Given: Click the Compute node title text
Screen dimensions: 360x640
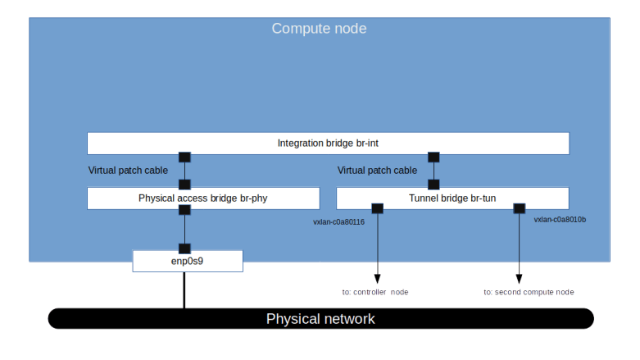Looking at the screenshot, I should coord(319,29).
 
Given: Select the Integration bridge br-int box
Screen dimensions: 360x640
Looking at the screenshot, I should coord(328,144).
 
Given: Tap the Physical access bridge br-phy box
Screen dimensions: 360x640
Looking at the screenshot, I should coord(203,198).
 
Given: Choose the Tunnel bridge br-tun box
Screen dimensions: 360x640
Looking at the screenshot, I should coord(452,198).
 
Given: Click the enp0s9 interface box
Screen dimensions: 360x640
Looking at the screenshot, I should coord(188,262).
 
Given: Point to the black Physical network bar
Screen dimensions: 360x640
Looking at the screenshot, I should coord(320,318).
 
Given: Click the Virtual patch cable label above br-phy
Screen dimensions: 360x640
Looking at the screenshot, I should coord(128,171).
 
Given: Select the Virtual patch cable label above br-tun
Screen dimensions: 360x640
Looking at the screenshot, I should coord(377,171).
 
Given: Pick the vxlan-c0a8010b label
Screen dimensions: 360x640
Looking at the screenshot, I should coord(560,220).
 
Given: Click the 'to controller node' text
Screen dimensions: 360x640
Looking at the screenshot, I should coord(375,292).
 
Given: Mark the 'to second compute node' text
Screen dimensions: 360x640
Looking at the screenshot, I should coord(529,292).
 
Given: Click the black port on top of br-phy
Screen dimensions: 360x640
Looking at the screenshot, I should coord(184,185).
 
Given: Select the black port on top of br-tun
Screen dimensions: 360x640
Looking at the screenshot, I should coord(433,185).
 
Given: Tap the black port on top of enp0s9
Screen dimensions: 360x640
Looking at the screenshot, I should coord(184,248).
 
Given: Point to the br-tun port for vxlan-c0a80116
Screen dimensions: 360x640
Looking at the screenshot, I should coord(378,208).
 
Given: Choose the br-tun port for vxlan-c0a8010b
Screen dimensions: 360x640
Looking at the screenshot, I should coord(519,208).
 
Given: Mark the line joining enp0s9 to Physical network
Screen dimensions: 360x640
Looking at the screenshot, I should coord(184,290).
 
